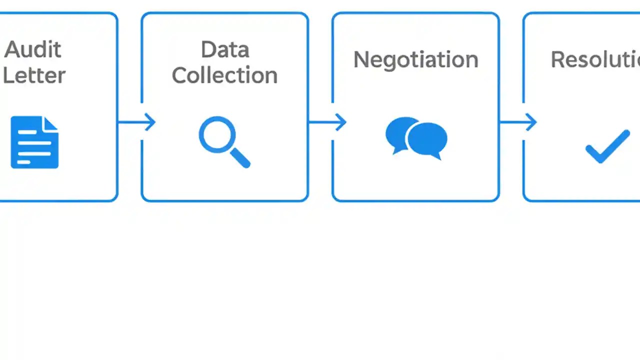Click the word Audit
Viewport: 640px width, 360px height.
click(33, 49)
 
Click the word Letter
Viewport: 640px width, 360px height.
click(34, 75)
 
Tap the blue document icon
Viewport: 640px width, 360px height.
click(34, 142)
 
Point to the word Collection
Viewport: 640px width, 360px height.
click(224, 75)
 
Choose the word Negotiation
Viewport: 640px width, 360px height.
click(415, 59)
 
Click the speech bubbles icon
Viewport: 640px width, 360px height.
click(416, 137)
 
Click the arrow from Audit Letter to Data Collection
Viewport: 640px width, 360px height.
click(136, 121)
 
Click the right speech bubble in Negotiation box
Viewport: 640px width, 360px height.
click(428, 140)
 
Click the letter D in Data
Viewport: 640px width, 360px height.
click(208, 49)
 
